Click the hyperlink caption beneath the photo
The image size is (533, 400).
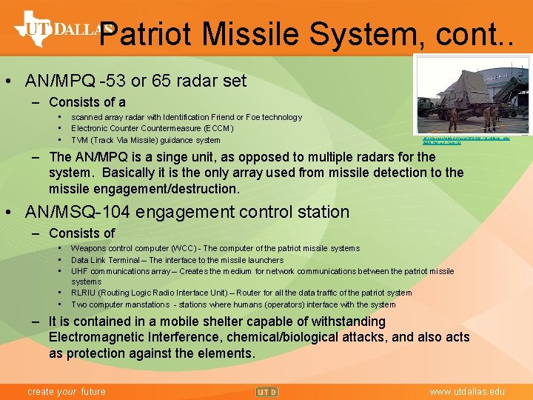pyautogui.click(x=465, y=140)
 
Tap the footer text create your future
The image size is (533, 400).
pyautogui.click(x=66, y=391)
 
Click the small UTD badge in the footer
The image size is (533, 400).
pyautogui.click(x=266, y=391)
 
